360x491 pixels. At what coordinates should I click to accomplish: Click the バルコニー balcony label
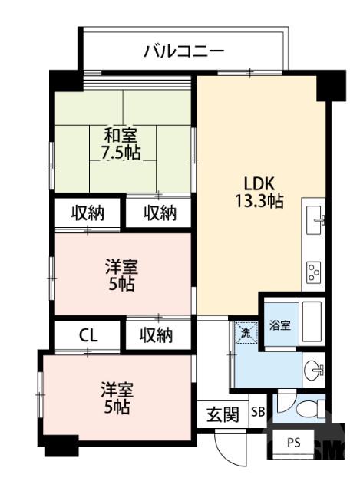tap(183, 51)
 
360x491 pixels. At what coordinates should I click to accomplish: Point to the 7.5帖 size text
tap(122, 152)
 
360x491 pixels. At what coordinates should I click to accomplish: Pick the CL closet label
tap(88, 335)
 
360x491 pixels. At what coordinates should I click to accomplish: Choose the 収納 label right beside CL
tap(156, 335)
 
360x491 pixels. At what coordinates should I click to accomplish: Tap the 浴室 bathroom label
tap(279, 325)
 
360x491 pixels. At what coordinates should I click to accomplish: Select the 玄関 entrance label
tap(223, 415)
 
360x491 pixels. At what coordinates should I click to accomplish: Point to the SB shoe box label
tap(258, 413)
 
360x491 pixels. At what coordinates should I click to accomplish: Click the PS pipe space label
tap(294, 443)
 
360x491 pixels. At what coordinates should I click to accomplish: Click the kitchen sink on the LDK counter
tap(315, 220)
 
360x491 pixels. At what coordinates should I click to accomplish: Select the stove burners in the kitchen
tap(315, 270)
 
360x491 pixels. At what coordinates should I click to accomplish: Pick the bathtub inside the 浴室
tap(312, 322)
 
